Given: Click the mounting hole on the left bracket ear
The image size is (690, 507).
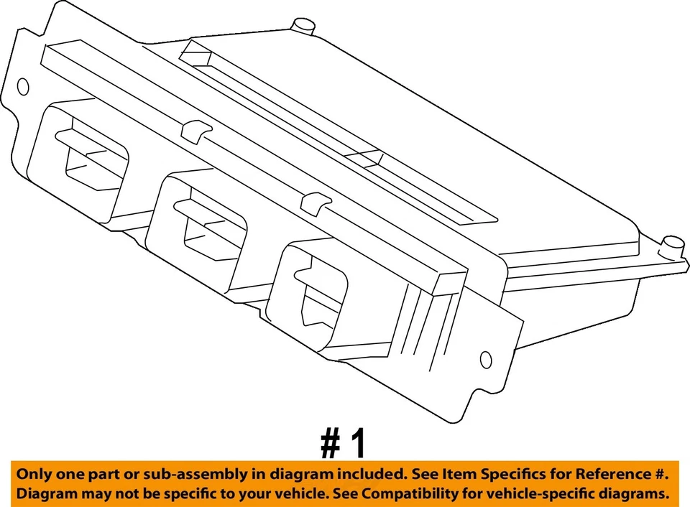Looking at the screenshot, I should tap(23, 88).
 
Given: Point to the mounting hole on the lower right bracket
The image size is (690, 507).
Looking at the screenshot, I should tap(486, 360).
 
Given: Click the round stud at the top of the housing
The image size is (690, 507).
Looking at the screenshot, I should tap(303, 27).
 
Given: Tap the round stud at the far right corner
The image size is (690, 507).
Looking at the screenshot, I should tap(673, 243).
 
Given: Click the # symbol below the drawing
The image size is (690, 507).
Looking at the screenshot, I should tap(331, 444).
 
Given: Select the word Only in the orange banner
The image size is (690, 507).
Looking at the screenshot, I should tap(34, 474).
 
